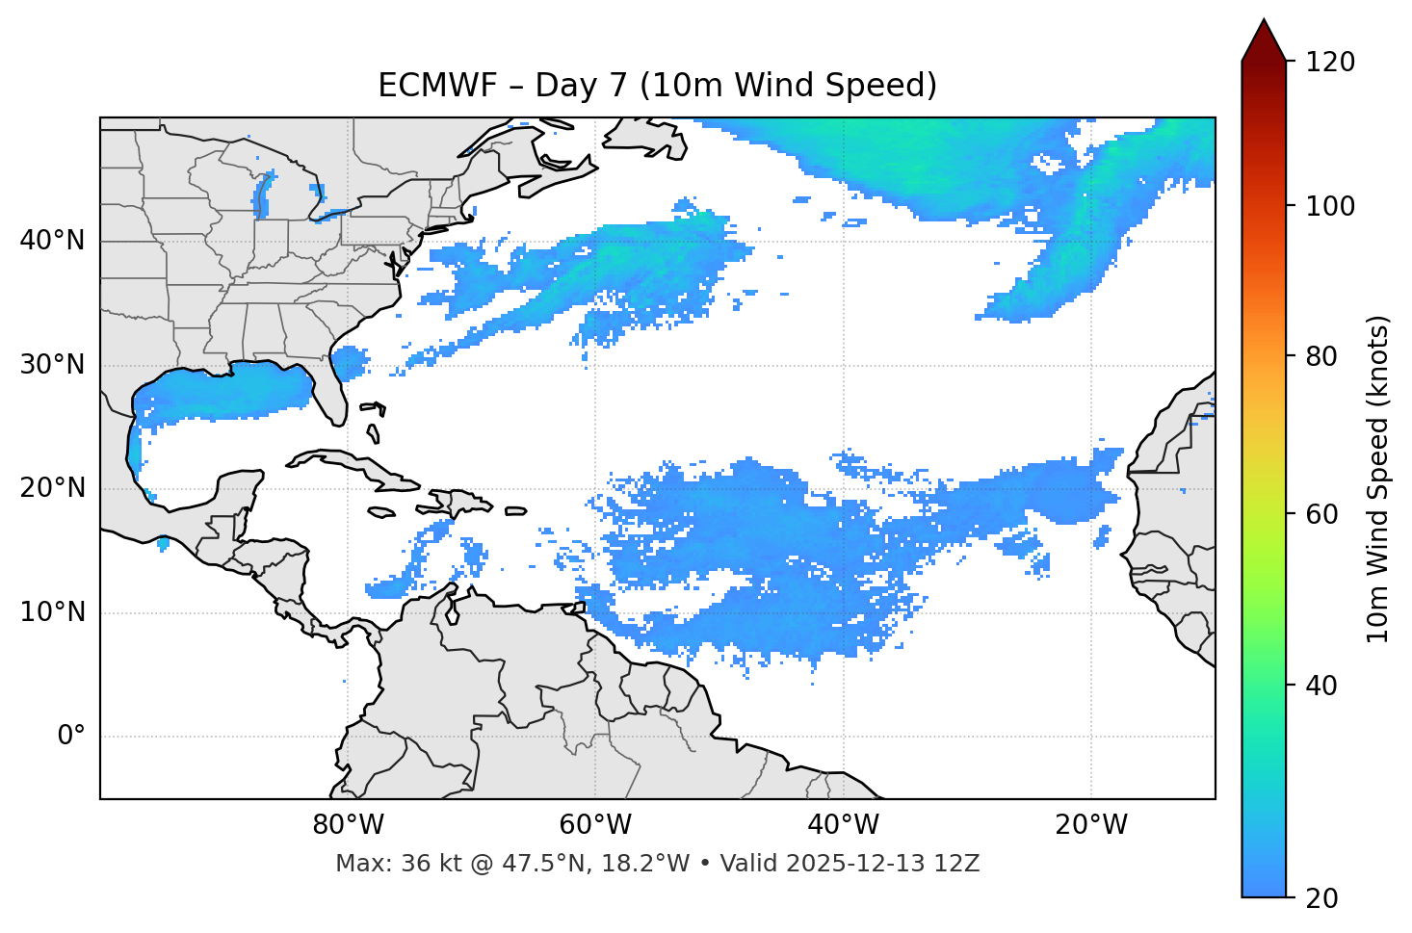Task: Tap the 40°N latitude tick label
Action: coord(52,240)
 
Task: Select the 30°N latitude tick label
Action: coord(52,365)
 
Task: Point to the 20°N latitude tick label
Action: coord(52,488)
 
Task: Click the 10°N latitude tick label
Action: coord(52,612)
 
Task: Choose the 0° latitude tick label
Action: coord(71,736)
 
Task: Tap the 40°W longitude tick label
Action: coord(843,825)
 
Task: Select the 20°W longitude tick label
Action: coord(1091,825)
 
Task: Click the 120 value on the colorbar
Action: coord(1329,63)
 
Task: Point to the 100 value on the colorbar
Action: coord(1329,206)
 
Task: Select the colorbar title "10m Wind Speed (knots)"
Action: coord(1378,479)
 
